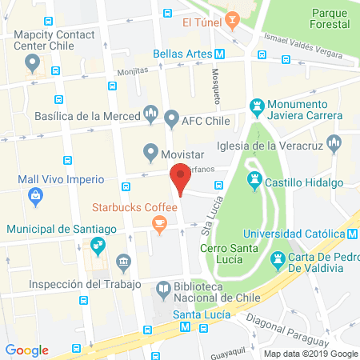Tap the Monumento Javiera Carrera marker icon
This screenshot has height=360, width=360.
256,105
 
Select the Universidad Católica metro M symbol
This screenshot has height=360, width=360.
353,234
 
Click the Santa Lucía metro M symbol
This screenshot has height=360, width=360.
186,328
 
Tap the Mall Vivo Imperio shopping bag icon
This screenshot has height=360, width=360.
36,195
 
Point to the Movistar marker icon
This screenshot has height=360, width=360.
150,150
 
